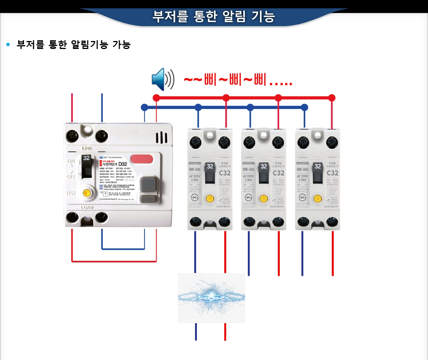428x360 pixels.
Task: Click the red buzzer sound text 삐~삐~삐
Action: pyautogui.click(x=238, y=80)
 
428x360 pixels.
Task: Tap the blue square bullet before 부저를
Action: pyautogui.click(x=8, y=45)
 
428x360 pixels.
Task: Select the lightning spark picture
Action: pyautogui.click(x=211, y=298)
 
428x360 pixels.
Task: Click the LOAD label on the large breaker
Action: pyautogui.click(x=87, y=207)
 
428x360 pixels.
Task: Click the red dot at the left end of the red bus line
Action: pyautogui.click(x=156, y=98)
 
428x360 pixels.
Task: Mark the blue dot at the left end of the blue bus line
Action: pyautogui.click(x=144, y=107)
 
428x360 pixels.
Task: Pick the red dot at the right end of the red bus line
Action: pyautogui.click(x=332, y=98)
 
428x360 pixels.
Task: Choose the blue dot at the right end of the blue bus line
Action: pyautogui.click(x=304, y=107)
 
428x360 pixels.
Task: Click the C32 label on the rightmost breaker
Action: pyautogui.click(x=332, y=173)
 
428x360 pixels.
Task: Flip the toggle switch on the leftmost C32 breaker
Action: pyautogui.click(x=209, y=173)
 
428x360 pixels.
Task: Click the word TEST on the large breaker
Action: pyautogui.click(x=72, y=193)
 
